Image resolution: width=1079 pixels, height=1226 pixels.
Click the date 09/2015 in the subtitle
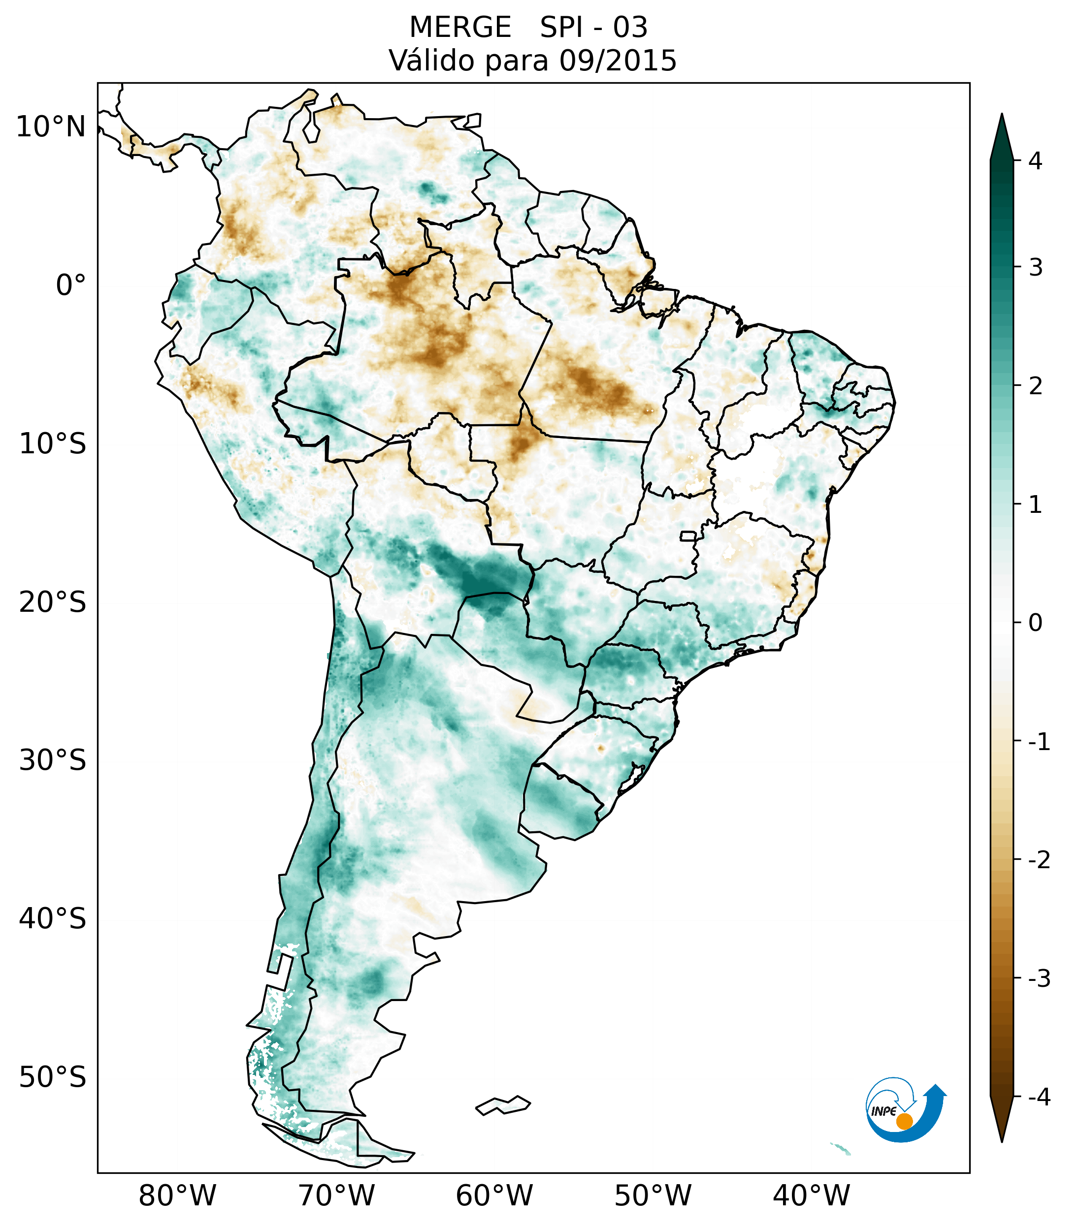[x=618, y=61]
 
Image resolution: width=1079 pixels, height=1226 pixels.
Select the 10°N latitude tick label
[x=50, y=127]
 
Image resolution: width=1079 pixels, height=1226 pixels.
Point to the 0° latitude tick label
[x=70, y=285]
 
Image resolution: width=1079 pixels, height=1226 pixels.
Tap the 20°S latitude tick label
[x=53, y=602]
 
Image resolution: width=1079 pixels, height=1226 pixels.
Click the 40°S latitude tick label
[x=53, y=918]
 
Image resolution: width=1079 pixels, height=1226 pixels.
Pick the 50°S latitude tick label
[x=53, y=1077]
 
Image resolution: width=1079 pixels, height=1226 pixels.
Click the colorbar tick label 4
[x=1035, y=161]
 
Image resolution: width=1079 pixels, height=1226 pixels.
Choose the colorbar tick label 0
[x=1035, y=623]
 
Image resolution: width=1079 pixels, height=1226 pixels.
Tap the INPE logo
[x=905, y=1109]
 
